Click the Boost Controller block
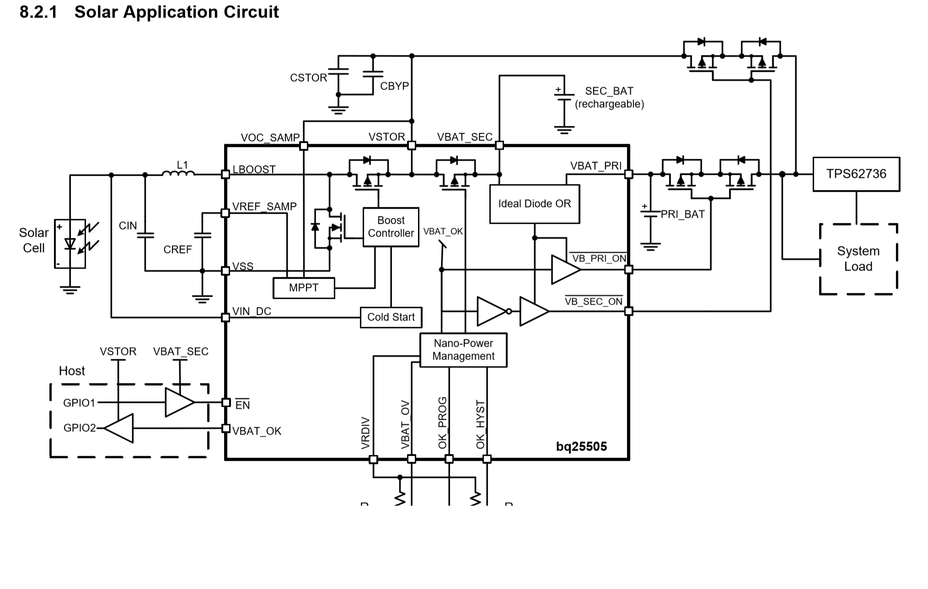coord(391,227)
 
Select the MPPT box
coord(304,288)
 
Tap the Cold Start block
coord(391,317)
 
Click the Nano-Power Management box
coord(463,350)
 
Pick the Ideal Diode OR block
coord(534,204)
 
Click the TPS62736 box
coord(856,174)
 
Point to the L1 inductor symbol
coord(178,173)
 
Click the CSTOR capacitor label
coord(309,78)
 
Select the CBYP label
coord(394,86)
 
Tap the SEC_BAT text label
coord(609,91)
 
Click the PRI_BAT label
coord(682,214)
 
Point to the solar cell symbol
coord(70,243)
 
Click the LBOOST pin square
coord(225,174)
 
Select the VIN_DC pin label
coord(252,312)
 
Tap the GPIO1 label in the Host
coord(79,403)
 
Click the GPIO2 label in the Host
coord(80,428)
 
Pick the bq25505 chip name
coord(581,447)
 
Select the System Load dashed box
coord(858,259)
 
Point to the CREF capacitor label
coord(177,250)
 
